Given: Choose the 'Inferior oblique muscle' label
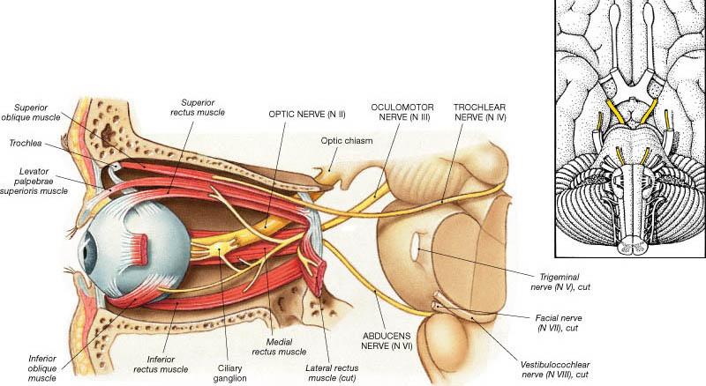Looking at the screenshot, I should (42, 367).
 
